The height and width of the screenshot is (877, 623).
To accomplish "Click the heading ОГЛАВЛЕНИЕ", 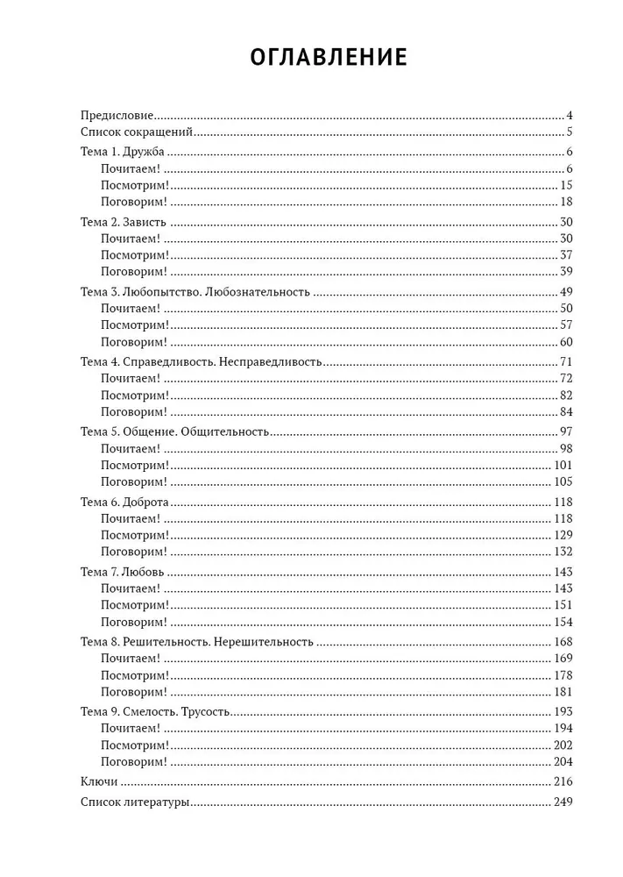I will click(x=329, y=58).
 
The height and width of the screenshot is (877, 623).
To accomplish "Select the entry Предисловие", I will click(x=117, y=116).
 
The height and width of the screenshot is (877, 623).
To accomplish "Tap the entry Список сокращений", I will click(x=136, y=132).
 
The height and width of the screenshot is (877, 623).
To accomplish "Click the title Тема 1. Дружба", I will click(x=122, y=153).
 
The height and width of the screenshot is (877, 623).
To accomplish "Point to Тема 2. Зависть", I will click(x=123, y=223).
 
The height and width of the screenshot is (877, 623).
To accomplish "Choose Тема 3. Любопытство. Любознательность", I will click(x=195, y=292).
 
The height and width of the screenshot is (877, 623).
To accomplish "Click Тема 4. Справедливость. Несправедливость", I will click(x=202, y=361).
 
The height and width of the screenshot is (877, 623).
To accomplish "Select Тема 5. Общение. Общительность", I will click(x=174, y=431).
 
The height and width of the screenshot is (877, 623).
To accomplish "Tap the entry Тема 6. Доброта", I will click(x=124, y=502).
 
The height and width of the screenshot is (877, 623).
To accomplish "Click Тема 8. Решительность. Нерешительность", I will click(x=196, y=641).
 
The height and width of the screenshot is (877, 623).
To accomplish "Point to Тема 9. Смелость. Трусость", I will click(x=156, y=711).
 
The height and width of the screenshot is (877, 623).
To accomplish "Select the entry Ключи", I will click(x=98, y=781).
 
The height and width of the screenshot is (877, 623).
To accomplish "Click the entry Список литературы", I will click(x=134, y=802).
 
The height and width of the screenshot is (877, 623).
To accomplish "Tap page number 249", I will click(x=563, y=802).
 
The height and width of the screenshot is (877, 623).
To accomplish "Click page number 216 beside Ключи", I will click(x=563, y=781).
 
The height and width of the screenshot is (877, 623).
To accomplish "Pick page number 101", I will click(x=563, y=465).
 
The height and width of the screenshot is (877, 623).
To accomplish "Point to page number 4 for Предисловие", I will click(x=569, y=116).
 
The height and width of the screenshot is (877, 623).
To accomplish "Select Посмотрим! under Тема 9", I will click(x=134, y=745).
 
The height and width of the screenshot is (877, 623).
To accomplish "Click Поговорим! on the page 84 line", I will click(x=133, y=411).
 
